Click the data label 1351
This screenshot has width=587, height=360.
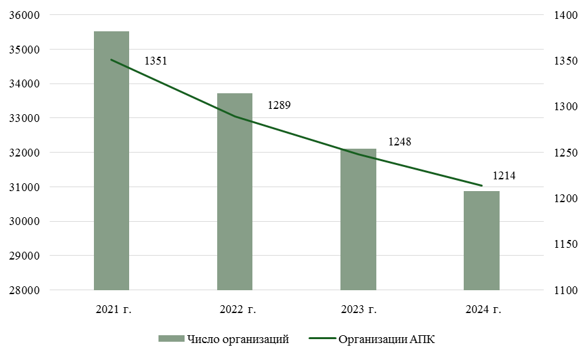click(156, 61)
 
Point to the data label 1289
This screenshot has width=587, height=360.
click(279, 104)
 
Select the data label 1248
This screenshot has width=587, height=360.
click(400, 142)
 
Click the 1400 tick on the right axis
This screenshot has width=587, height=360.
click(563, 15)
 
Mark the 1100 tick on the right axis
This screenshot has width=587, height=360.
click(563, 290)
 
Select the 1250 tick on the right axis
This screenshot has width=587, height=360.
click(563, 153)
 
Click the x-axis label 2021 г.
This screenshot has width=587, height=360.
click(113, 309)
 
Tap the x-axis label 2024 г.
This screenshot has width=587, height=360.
click(483, 309)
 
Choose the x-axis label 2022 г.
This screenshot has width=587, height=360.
click(237, 309)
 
